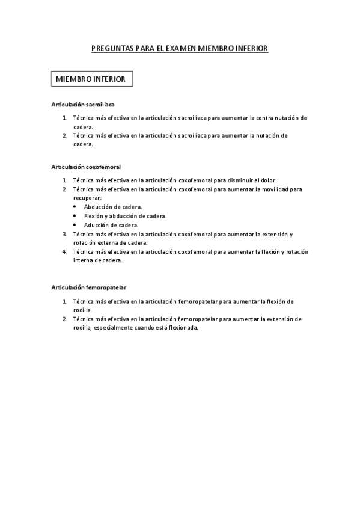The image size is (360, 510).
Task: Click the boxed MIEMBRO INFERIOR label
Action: (90, 79)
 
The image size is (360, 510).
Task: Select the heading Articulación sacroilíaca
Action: (83, 105)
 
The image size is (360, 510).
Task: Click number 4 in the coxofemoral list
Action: (64, 251)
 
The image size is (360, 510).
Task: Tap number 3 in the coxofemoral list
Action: (64, 233)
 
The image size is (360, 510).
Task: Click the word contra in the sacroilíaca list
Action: (265, 118)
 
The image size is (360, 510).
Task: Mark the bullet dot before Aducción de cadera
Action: (75, 225)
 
